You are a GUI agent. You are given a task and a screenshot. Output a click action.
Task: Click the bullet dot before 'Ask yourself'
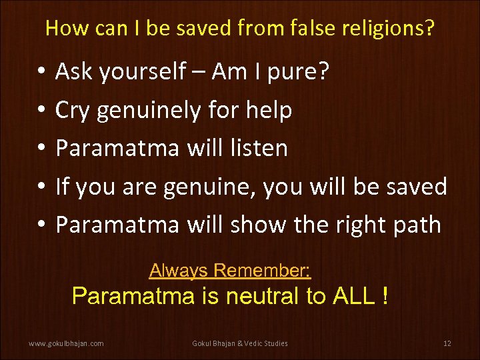41,72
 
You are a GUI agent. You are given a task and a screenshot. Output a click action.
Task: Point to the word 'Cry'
73,111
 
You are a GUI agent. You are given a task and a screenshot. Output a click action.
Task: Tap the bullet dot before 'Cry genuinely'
41,111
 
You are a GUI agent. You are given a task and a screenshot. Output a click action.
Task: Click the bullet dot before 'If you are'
41,187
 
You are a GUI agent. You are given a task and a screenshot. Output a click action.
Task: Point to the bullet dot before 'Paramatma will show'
41,225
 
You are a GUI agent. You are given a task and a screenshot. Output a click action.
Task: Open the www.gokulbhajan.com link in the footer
66,343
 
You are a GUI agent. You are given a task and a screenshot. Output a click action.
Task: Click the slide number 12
447,343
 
